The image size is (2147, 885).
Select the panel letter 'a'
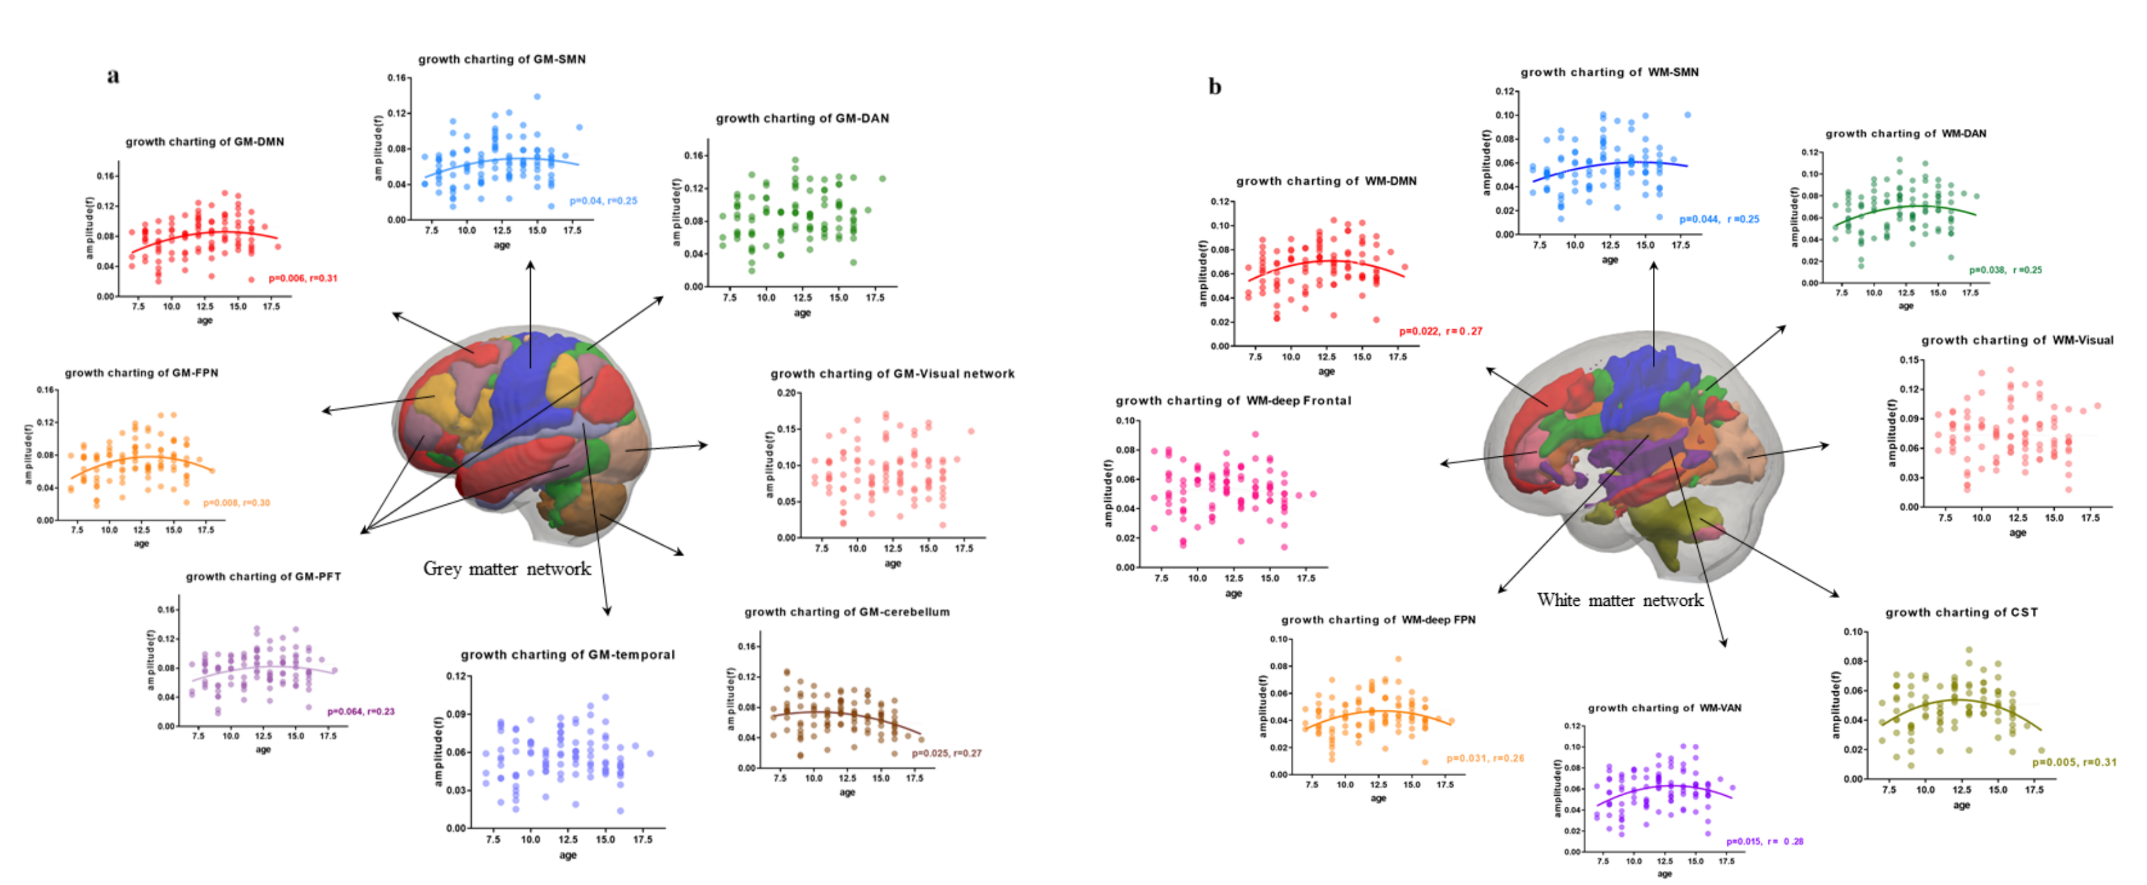(114, 76)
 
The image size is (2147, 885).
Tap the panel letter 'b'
(1215, 87)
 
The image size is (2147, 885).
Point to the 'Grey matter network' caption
(507, 569)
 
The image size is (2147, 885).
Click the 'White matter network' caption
(1620, 600)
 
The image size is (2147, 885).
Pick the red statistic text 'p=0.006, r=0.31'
(303, 279)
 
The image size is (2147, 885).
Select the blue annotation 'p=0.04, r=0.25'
(603, 201)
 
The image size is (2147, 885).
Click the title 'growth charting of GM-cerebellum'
(847, 612)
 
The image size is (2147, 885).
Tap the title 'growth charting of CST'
(1961, 612)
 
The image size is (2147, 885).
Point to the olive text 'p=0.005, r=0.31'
(2074, 762)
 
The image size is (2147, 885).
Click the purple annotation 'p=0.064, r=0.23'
(361, 712)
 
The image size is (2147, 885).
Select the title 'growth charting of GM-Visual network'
(892, 374)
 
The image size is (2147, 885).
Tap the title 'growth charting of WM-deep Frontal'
(1233, 401)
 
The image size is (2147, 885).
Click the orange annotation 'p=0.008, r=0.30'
(237, 503)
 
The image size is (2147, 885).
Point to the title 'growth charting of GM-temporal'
(568, 655)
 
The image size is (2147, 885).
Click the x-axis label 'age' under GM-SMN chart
(502, 245)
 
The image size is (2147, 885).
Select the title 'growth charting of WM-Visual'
(2017, 340)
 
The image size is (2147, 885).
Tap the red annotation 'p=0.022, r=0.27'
(1441, 332)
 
